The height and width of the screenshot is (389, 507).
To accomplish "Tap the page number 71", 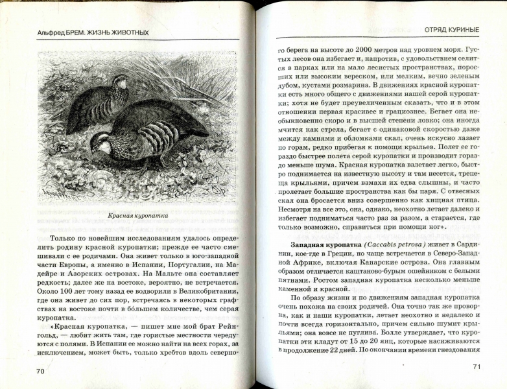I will click(x=477, y=367).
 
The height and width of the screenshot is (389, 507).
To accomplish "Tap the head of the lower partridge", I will click(x=100, y=145).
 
